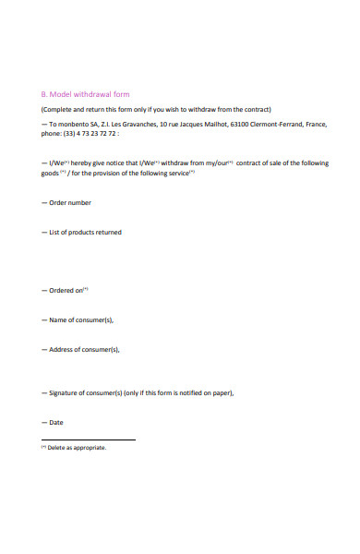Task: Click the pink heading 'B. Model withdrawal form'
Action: click(85, 93)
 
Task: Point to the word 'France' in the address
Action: click(315, 124)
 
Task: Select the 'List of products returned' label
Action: click(84, 232)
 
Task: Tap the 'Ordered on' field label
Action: click(66, 290)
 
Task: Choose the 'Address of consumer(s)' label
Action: click(83, 349)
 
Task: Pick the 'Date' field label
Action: click(55, 422)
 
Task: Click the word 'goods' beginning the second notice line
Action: click(50, 173)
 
